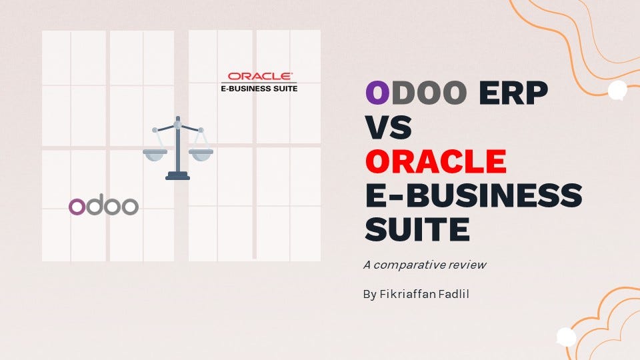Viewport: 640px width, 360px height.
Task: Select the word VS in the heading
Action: [x=388, y=127]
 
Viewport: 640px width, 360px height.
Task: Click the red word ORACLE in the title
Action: [x=435, y=161]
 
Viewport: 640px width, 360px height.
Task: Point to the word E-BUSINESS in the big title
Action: [x=473, y=195]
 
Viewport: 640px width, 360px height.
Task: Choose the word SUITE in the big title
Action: [x=417, y=229]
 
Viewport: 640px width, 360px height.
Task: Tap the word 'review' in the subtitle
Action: [x=468, y=265]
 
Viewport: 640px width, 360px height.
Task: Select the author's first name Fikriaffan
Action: [x=409, y=294]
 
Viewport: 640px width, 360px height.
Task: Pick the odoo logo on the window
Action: [x=103, y=206]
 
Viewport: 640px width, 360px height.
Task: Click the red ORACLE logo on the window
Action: [x=259, y=77]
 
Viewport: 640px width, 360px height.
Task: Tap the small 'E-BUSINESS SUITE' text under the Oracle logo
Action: [x=259, y=88]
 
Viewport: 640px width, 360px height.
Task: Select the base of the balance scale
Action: [x=177, y=176]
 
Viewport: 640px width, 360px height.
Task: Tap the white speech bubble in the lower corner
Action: [x=566, y=337]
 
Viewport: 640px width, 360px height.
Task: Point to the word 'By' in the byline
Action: [x=370, y=294]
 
